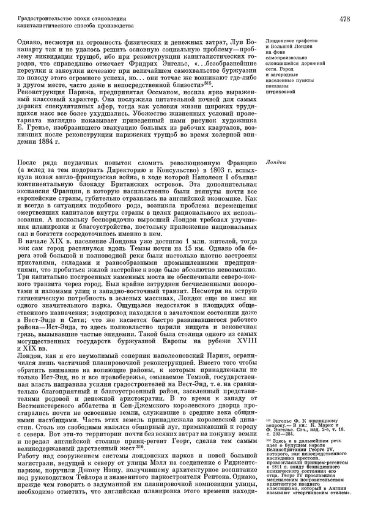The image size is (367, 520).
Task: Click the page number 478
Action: (344, 20)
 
